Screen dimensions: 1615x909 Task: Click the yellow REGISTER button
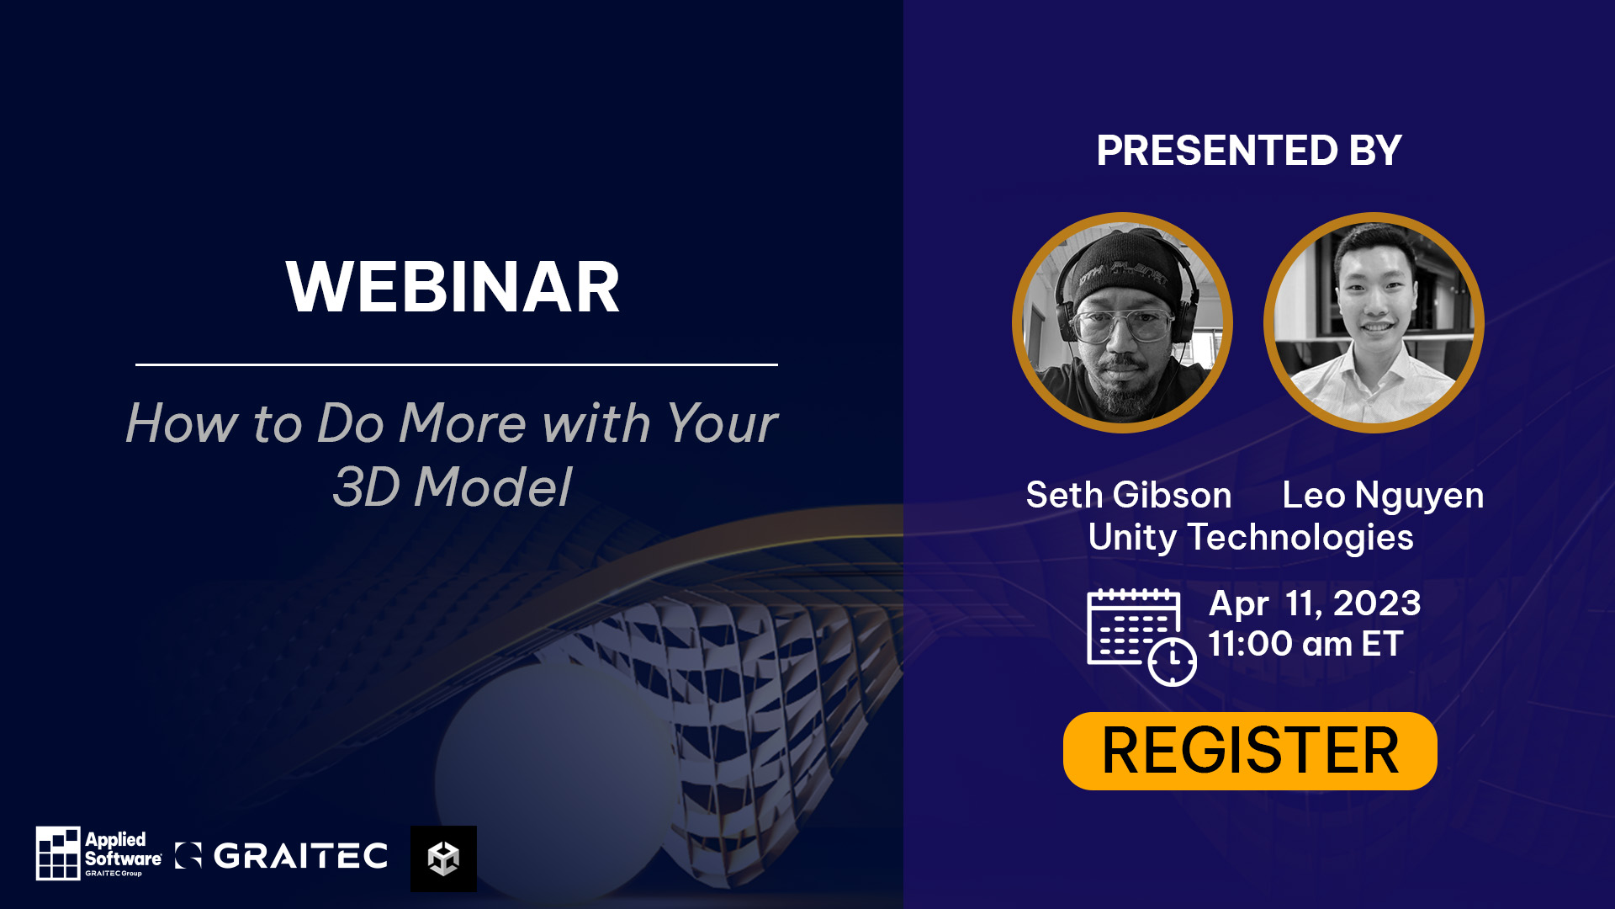click(x=1250, y=751)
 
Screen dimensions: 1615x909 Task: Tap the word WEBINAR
click(x=453, y=288)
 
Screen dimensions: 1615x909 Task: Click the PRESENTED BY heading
click(x=1249, y=151)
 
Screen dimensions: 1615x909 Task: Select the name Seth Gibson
click(x=1129, y=495)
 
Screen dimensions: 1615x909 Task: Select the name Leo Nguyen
click(x=1383, y=496)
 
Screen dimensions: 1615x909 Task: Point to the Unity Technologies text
click(x=1251, y=538)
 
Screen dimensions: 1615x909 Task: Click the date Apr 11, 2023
click(x=1315, y=603)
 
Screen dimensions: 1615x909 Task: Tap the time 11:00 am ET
click(x=1305, y=644)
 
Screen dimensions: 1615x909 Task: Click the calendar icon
click(x=1141, y=637)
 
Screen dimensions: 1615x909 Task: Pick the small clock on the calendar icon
click(x=1173, y=662)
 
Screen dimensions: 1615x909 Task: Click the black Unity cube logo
click(x=443, y=858)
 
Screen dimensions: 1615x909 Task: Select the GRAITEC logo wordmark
click(x=300, y=856)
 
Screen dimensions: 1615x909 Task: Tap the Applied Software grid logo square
click(x=58, y=853)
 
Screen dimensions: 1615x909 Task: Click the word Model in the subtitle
click(x=493, y=487)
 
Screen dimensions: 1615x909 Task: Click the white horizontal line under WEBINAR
click(x=457, y=364)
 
